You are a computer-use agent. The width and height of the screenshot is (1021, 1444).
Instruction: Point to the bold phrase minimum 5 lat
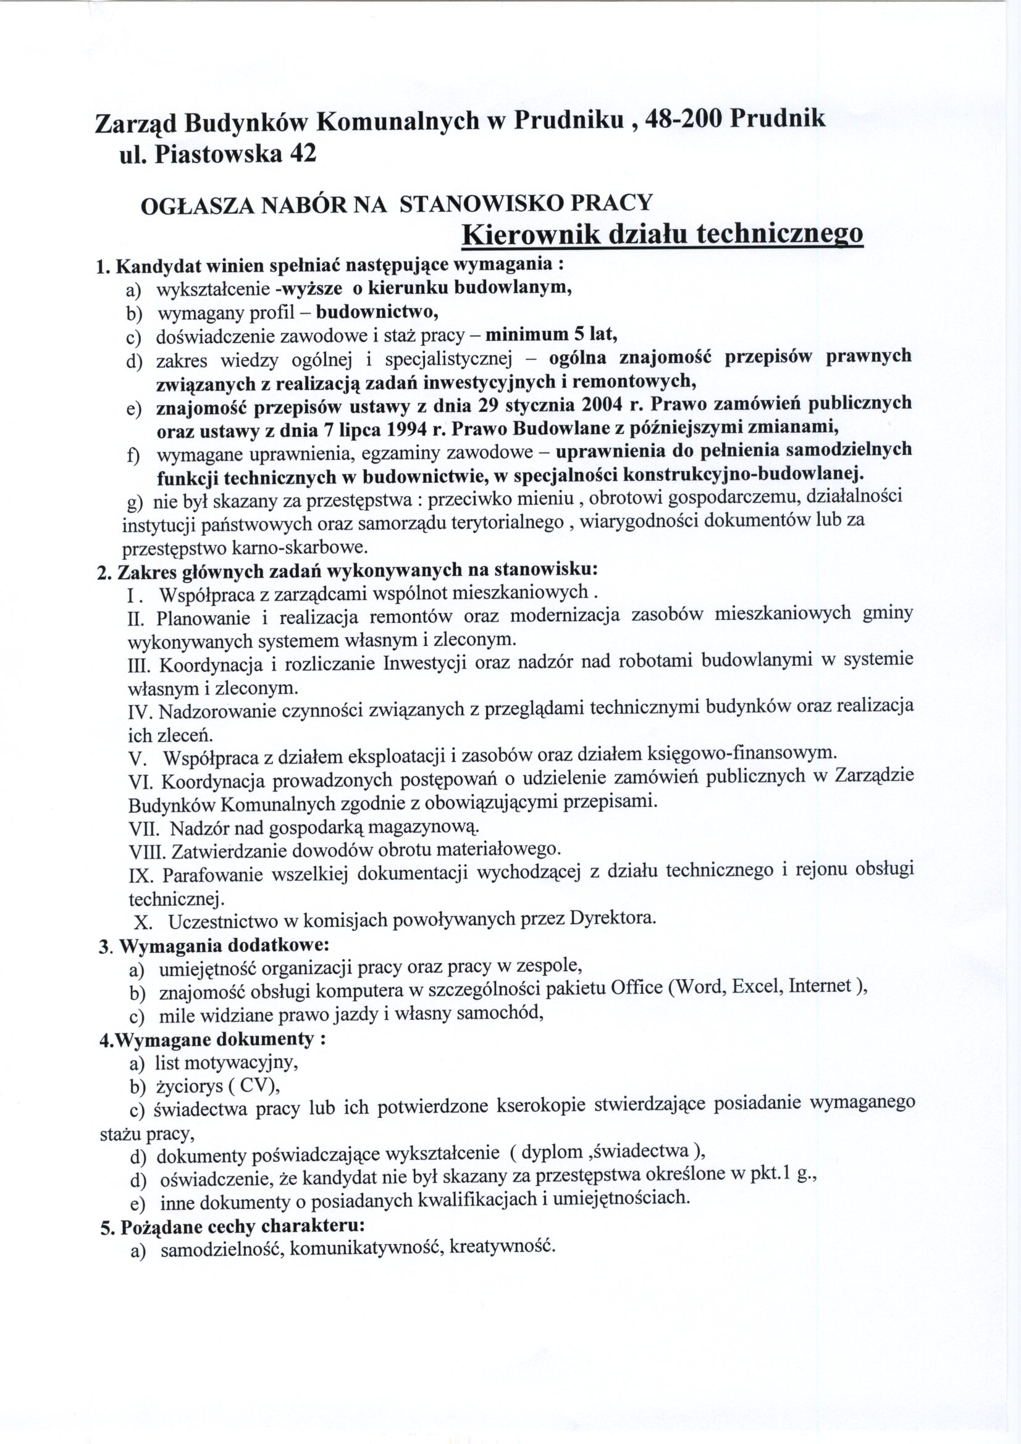(x=552, y=333)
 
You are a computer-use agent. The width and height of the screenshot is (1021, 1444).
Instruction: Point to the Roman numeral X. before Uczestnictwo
(x=143, y=922)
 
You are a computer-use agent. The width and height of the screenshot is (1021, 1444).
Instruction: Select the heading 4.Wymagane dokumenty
(x=212, y=1038)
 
